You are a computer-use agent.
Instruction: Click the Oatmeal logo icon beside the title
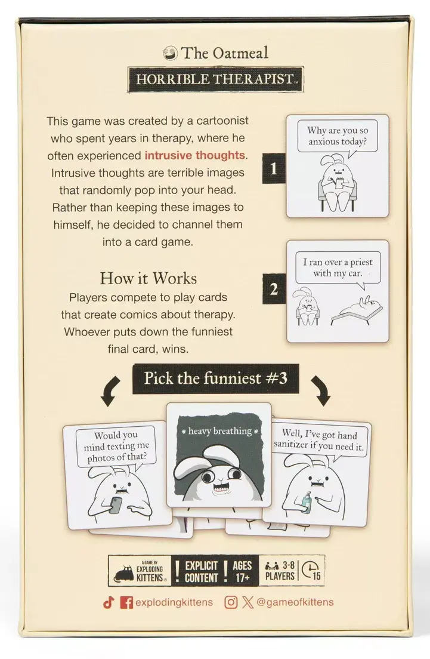coord(172,53)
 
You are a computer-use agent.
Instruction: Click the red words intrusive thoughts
coord(195,155)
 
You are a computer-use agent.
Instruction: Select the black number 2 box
coord(274,290)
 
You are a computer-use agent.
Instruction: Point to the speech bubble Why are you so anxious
coord(337,136)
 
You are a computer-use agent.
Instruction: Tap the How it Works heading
coord(148,278)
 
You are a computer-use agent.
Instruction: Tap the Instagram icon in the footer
coord(231,602)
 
